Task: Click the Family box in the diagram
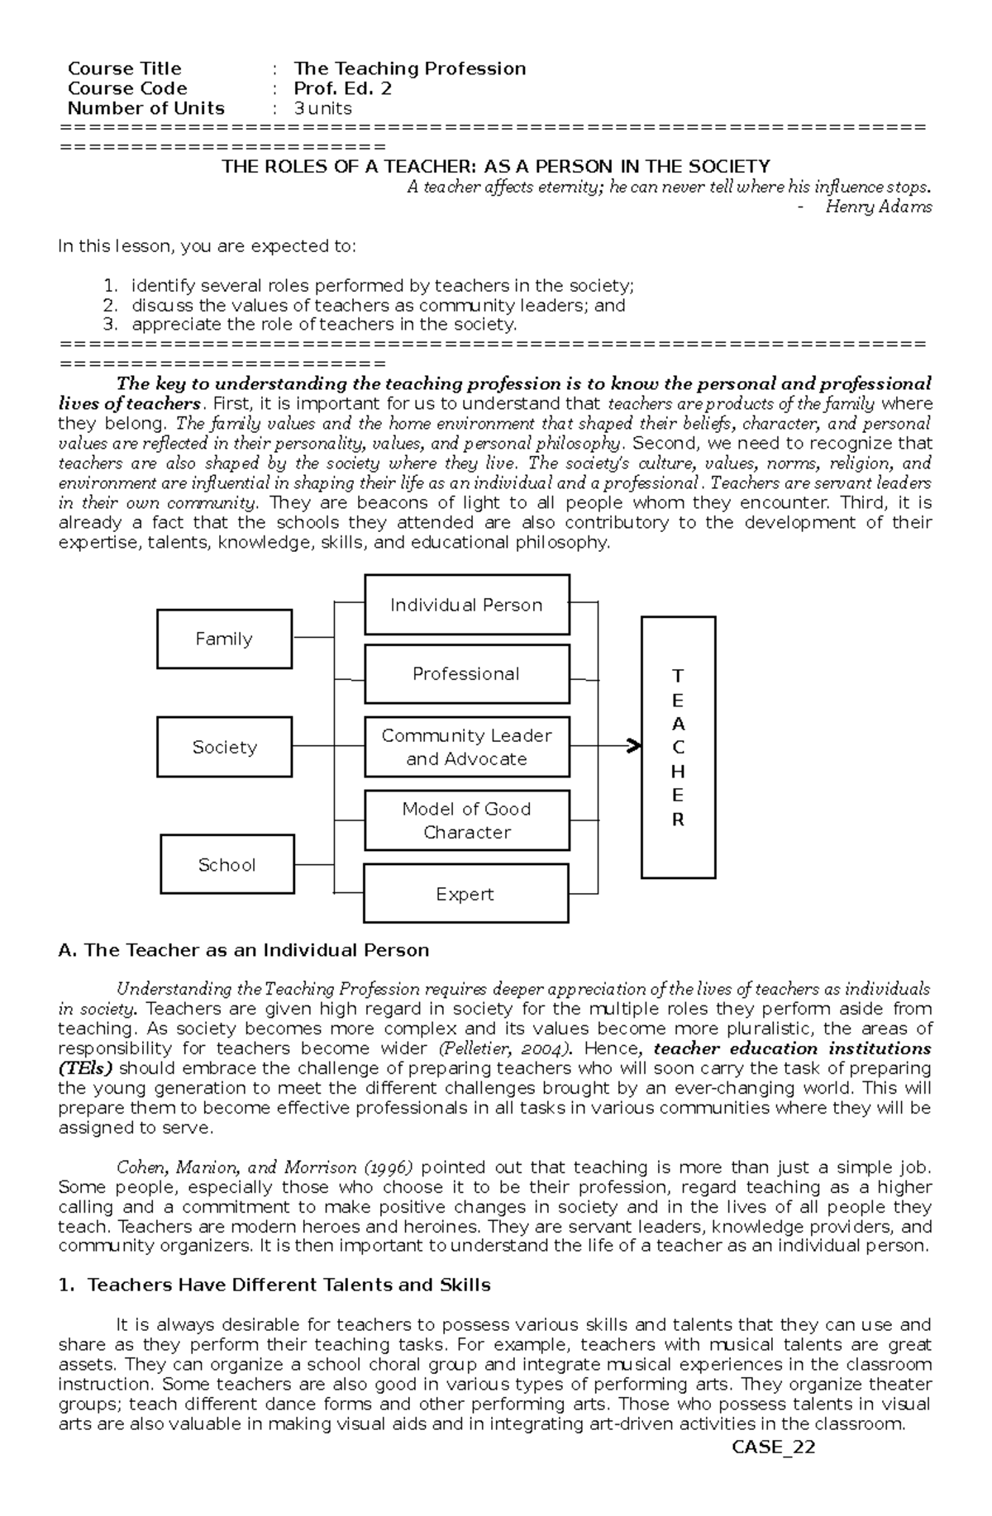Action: tap(224, 639)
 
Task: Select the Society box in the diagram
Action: tap(224, 747)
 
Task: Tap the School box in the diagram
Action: tap(227, 864)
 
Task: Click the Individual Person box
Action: tap(466, 605)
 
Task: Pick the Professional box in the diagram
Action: tap(466, 673)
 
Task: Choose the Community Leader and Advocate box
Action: tap(466, 747)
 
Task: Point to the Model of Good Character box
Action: tap(466, 820)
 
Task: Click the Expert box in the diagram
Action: tap(465, 894)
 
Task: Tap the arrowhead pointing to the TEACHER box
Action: tap(634, 746)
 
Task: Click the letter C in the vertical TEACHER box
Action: tap(678, 748)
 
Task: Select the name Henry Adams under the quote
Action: tap(878, 207)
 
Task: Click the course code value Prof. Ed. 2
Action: tap(343, 88)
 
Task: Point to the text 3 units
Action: tap(323, 108)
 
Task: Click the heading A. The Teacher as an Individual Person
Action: tap(244, 950)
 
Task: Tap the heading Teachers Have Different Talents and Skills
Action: tap(289, 1285)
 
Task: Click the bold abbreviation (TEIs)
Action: tap(85, 1068)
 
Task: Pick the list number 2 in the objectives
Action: tap(112, 305)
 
